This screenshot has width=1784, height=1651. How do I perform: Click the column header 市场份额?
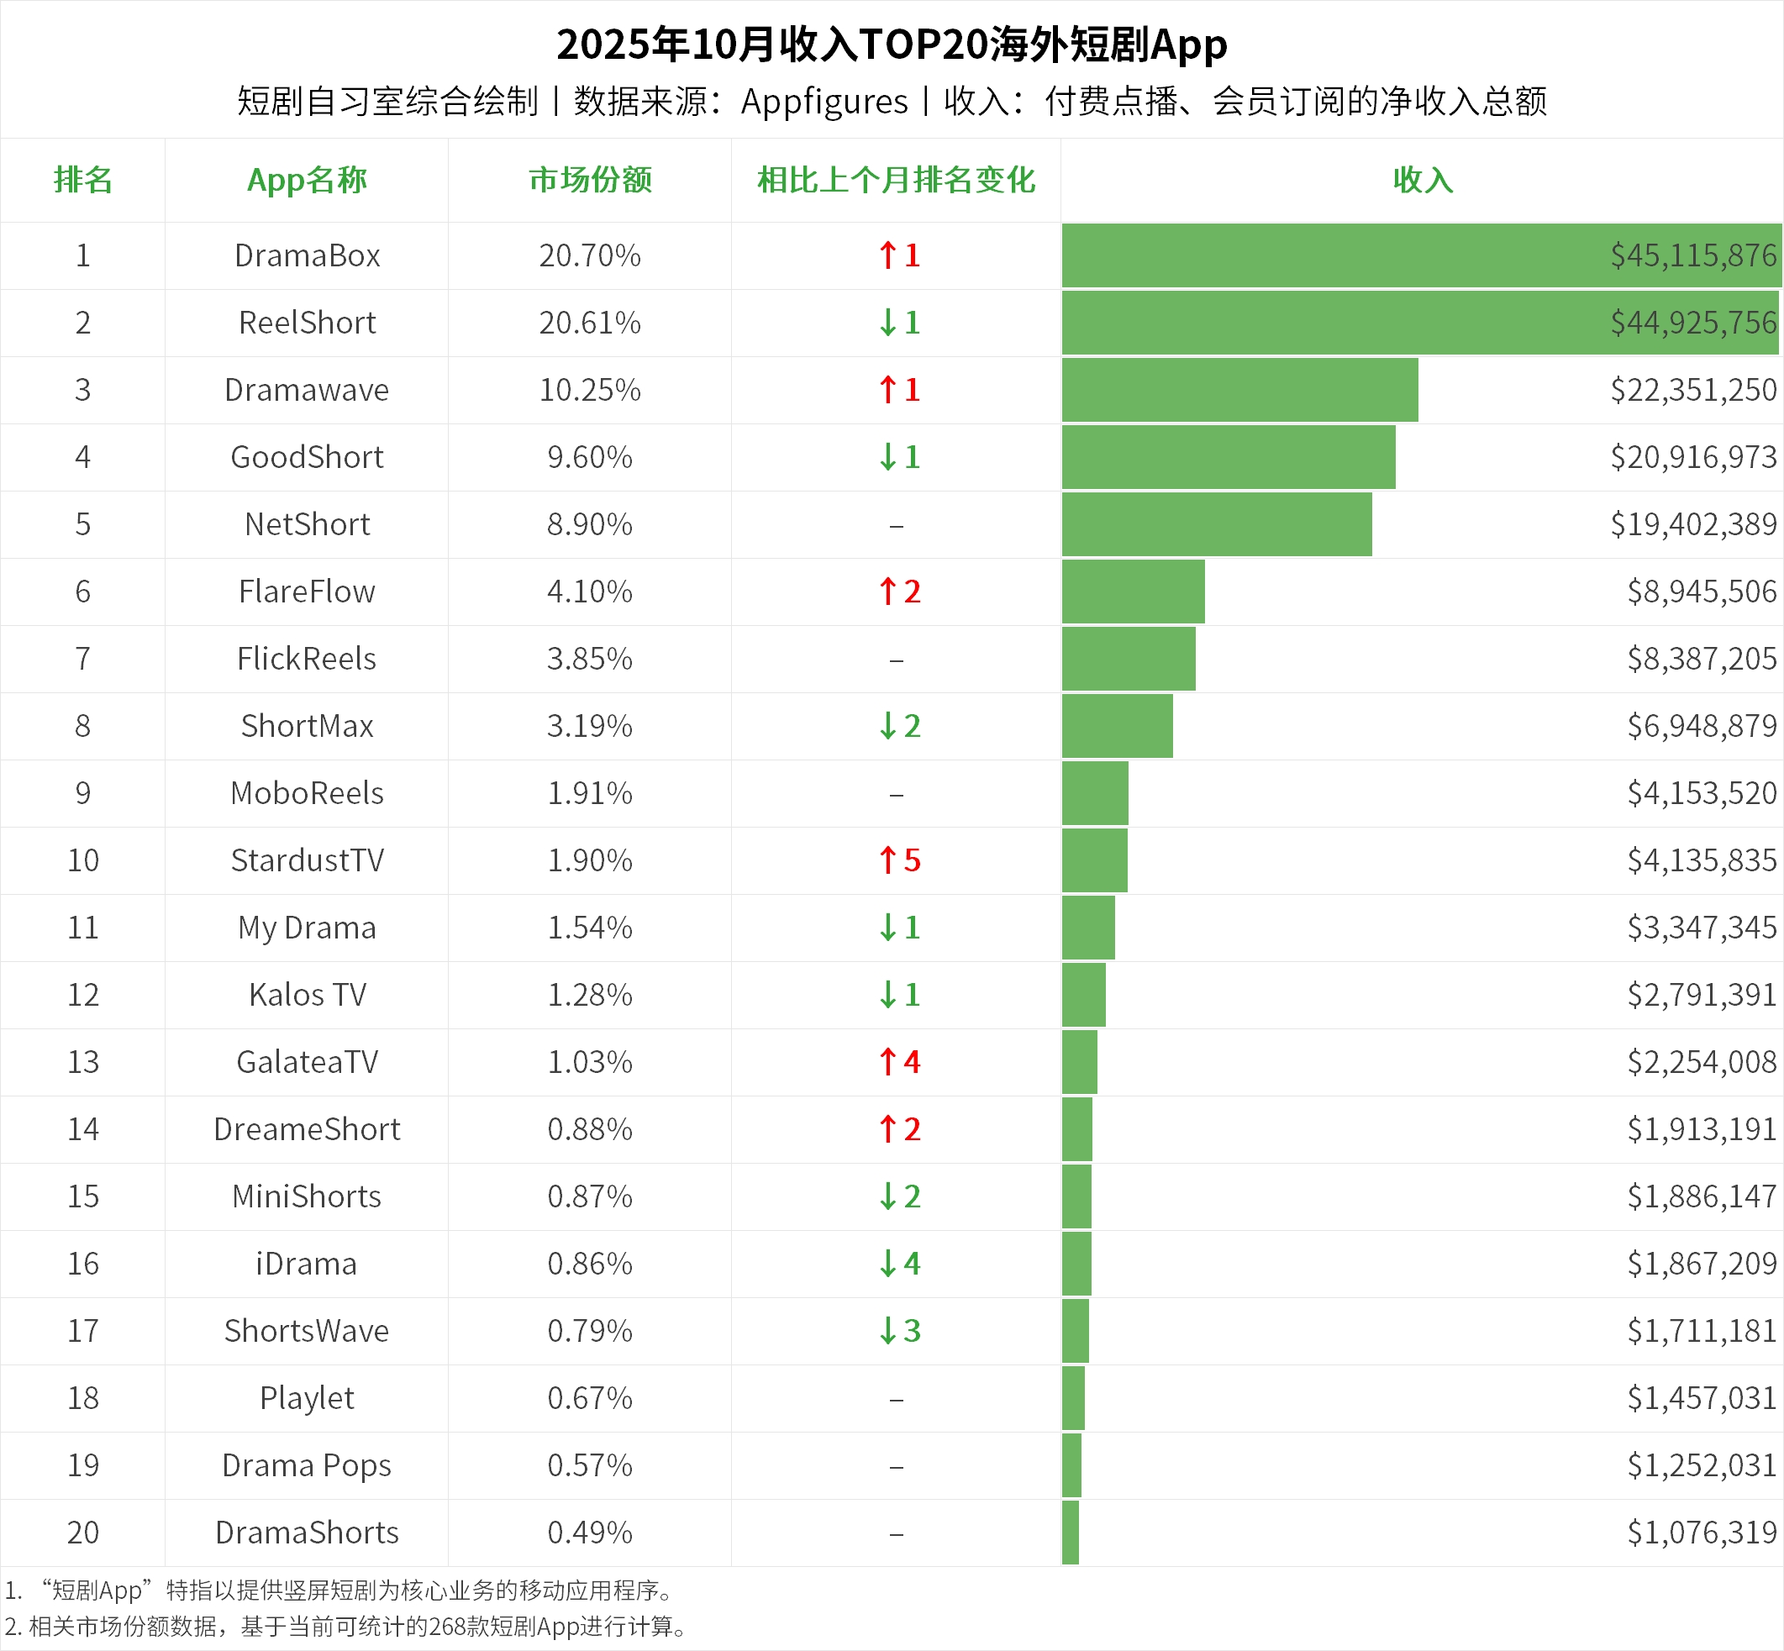[x=590, y=180]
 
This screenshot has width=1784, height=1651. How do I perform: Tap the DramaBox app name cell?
[x=307, y=255]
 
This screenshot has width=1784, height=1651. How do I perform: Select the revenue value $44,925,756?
[x=1693, y=323]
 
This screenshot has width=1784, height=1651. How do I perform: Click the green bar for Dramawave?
[x=1239, y=390]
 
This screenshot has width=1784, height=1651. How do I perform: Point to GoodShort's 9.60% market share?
[x=590, y=457]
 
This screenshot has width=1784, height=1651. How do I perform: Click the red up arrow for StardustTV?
[x=887, y=860]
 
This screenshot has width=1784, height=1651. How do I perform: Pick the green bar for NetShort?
[x=1216, y=524]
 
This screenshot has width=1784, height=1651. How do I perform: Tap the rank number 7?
[x=82, y=659]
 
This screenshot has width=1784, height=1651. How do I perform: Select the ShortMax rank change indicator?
[x=898, y=725]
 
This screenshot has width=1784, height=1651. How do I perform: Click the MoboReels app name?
[x=307, y=793]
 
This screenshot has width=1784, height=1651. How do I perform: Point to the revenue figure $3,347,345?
[x=1701, y=928]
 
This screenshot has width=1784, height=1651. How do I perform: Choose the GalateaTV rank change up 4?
[x=898, y=1061]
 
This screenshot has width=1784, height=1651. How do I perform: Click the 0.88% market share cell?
[x=590, y=1129]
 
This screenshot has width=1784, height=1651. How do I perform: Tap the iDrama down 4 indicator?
[x=898, y=1264]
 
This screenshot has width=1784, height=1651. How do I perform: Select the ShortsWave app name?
[x=307, y=1330]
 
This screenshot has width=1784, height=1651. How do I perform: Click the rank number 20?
[x=83, y=1533]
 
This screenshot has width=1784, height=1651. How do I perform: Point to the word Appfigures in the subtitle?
[x=824, y=102]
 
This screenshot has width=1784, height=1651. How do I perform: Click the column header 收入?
[x=1422, y=180]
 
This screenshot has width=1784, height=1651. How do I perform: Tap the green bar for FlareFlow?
[x=1133, y=592]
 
